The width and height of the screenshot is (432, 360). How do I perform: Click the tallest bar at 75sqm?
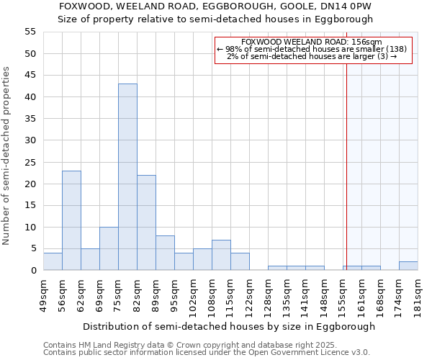[x=127, y=177]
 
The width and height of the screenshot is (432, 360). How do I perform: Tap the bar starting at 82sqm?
[x=146, y=222]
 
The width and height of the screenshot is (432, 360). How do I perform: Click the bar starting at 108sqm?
[x=221, y=255]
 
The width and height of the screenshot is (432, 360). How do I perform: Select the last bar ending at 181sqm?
[x=408, y=266]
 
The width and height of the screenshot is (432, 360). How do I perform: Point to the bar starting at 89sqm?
[x=165, y=253]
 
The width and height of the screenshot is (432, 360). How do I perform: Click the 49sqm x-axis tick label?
[x=44, y=295]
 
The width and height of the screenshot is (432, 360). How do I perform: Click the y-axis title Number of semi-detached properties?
[x=6, y=156]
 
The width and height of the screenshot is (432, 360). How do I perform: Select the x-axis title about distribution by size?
[x=229, y=326]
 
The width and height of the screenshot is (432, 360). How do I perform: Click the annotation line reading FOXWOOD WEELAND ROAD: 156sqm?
[x=312, y=42]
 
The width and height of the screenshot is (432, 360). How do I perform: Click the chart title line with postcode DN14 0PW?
[x=215, y=6]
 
